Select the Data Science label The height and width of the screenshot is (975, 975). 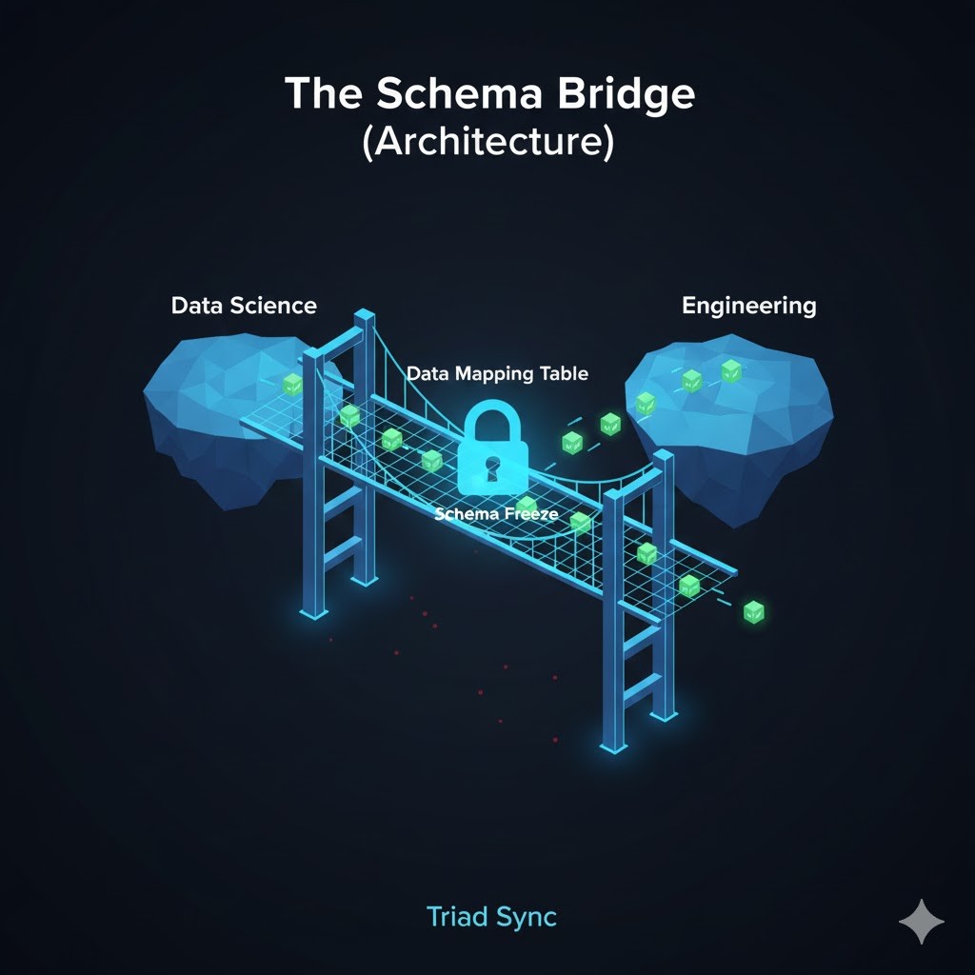[x=244, y=306]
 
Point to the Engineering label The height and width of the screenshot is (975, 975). [x=748, y=306]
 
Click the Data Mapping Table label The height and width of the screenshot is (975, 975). [x=497, y=373]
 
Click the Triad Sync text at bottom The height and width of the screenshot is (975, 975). [x=491, y=917]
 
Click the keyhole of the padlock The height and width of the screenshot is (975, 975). [x=493, y=468]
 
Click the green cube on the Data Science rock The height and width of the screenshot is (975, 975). [x=293, y=384]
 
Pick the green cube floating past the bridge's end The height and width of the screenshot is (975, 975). [x=754, y=611]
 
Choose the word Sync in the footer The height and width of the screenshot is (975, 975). [x=527, y=917]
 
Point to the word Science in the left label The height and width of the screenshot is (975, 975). [x=277, y=306]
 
